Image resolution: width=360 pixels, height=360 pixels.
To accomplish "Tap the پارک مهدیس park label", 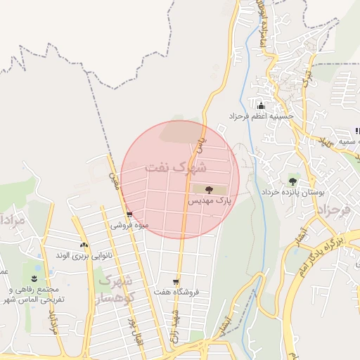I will [x=209, y=201].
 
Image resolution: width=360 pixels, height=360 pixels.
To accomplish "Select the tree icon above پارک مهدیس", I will [x=209, y=189].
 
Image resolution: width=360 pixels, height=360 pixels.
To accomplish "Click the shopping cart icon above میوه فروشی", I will [x=129, y=215].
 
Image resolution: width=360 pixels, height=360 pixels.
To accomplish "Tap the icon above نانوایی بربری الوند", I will [x=84, y=245].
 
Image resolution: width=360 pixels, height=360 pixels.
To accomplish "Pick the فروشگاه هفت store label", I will [x=176, y=292].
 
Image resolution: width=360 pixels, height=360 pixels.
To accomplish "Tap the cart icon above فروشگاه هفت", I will [x=176, y=282].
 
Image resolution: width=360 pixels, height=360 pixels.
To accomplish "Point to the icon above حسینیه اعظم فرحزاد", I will [x=261, y=105].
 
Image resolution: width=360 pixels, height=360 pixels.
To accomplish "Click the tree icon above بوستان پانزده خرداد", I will [x=292, y=180].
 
